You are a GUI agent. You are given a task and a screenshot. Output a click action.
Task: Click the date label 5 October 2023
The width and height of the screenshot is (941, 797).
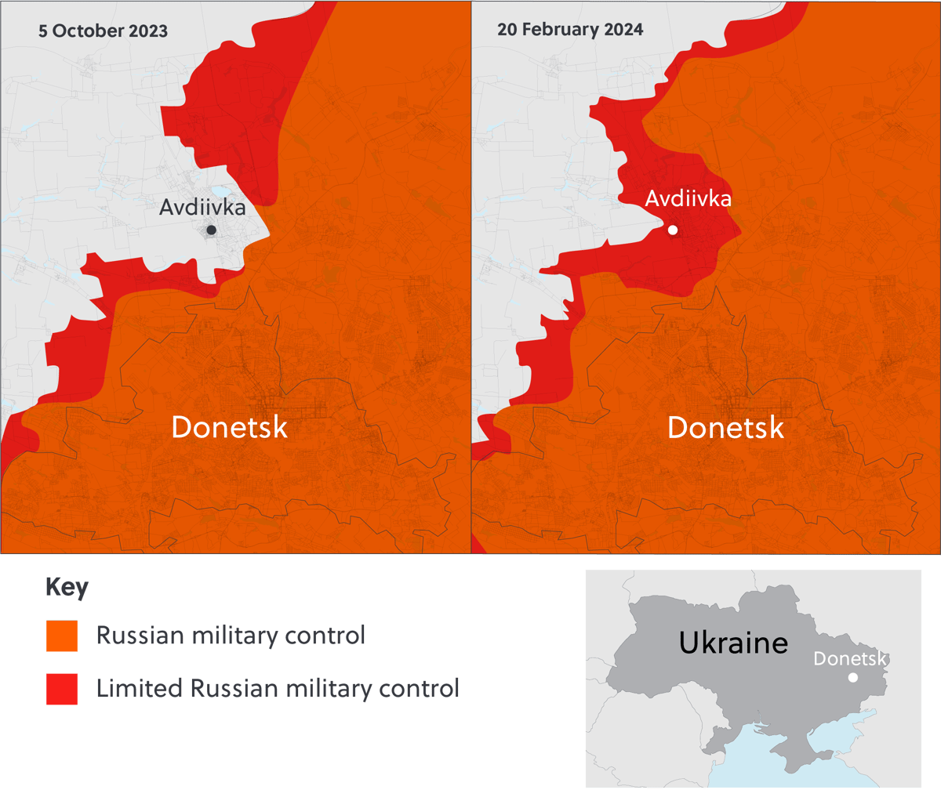tap(103, 31)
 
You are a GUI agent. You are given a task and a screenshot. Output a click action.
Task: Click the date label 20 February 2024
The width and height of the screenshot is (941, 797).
tap(570, 30)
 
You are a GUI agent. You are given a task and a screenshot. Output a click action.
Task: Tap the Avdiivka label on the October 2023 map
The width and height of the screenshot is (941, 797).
tap(202, 208)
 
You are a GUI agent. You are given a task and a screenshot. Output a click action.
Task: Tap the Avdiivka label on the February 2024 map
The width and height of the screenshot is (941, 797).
tap(688, 199)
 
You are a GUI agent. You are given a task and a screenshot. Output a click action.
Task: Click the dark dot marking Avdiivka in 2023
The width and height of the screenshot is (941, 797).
tap(211, 230)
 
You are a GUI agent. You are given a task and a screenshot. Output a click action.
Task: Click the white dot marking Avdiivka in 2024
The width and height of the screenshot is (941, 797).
tap(673, 230)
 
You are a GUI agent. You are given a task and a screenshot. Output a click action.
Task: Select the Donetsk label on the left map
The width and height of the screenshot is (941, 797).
tap(229, 428)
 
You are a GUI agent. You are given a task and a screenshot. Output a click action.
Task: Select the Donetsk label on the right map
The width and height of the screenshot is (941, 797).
tap(725, 428)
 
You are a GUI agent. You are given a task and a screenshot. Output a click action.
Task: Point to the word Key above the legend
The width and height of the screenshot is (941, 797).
tap(67, 587)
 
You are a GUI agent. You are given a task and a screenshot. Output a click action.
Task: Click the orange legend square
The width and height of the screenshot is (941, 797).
tap(62, 636)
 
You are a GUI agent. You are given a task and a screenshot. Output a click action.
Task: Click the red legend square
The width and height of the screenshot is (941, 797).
tap(62, 689)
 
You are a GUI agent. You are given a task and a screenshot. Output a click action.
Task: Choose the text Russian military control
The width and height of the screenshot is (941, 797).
tap(231, 636)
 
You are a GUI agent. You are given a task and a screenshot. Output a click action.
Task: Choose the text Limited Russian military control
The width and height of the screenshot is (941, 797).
tap(277, 689)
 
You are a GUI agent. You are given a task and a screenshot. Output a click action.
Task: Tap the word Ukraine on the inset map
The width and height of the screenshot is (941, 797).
tap(733, 643)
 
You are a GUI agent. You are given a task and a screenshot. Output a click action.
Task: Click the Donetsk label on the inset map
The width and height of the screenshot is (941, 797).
tap(849, 658)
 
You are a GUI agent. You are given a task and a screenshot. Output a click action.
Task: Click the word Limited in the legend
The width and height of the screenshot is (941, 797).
tap(139, 689)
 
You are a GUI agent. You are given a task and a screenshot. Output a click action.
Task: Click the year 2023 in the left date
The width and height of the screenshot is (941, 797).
tap(148, 31)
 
